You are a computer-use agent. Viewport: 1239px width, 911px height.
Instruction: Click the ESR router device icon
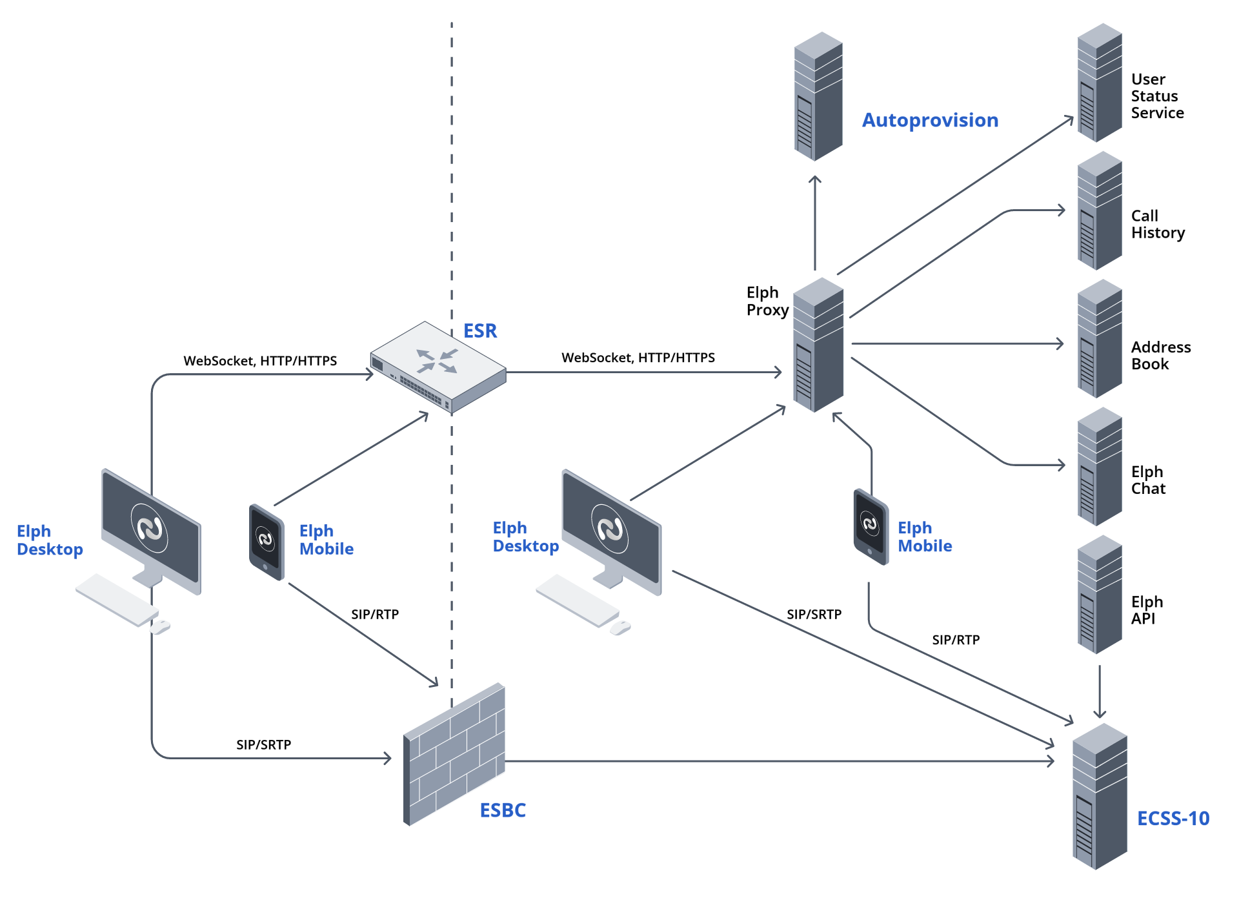[x=438, y=367]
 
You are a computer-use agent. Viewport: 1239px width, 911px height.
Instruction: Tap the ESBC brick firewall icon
[x=454, y=754]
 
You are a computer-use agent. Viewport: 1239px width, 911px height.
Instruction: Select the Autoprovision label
[x=930, y=120]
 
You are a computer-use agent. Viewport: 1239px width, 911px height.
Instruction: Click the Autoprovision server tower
[x=818, y=97]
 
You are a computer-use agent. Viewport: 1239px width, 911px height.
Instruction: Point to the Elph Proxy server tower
[x=818, y=345]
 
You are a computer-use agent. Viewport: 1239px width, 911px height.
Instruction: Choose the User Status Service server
[x=1100, y=83]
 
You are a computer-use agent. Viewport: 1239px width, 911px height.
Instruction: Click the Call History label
[x=1158, y=224]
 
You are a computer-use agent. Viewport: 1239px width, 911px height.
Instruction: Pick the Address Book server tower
[x=1100, y=339]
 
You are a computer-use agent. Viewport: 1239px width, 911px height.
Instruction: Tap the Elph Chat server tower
[x=1100, y=467]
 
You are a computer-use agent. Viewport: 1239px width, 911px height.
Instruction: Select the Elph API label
[x=1147, y=609]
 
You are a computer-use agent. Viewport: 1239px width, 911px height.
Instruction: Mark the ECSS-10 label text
[x=1173, y=819]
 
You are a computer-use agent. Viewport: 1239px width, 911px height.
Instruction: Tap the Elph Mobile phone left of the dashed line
[x=267, y=542]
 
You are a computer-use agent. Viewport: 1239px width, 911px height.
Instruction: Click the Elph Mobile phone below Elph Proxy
[x=871, y=527]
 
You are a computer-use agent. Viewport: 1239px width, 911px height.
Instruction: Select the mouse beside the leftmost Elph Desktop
[x=161, y=626]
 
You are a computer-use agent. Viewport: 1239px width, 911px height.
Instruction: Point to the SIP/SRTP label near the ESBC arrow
[x=263, y=744]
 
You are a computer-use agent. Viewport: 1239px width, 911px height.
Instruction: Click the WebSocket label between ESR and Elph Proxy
[x=638, y=358]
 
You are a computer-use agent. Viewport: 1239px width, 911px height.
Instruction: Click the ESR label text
[x=480, y=331]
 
